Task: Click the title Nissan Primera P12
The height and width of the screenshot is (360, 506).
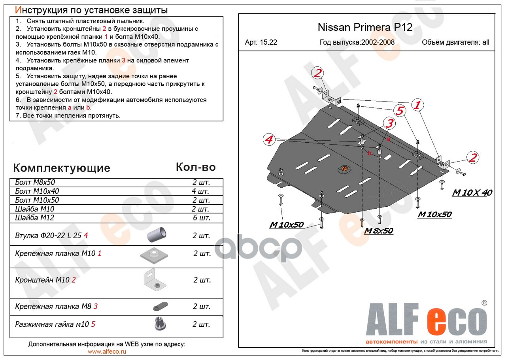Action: (x=365, y=28)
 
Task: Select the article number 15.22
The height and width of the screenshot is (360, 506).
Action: (x=261, y=43)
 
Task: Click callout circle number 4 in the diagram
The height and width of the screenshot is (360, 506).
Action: (x=270, y=139)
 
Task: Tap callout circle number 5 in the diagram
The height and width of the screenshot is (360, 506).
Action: (x=400, y=111)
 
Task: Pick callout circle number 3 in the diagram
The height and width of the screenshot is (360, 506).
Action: (x=390, y=123)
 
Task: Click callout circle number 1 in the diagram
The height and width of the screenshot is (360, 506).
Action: (x=417, y=105)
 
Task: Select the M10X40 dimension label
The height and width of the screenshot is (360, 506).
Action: (x=472, y=193)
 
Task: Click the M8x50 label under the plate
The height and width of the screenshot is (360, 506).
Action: (x=378, y=231)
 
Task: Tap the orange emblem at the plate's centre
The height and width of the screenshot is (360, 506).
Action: (x=344, y=169)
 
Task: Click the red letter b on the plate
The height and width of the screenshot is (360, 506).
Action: (x=370, y=153)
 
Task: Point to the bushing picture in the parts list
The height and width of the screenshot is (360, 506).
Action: (x=157, y=235)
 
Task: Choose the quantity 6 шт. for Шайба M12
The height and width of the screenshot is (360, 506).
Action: (x=201, y=218)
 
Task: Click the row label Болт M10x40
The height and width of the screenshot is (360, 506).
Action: (x=37, y=191)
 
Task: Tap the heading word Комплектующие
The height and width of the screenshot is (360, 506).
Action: (x=62, y=168)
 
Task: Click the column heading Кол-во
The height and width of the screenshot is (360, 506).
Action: (x=196, y=167)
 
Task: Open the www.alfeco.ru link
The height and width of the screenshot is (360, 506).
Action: (x=107, y=352)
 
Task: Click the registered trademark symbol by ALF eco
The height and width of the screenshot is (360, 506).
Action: (x=484, y=303)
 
